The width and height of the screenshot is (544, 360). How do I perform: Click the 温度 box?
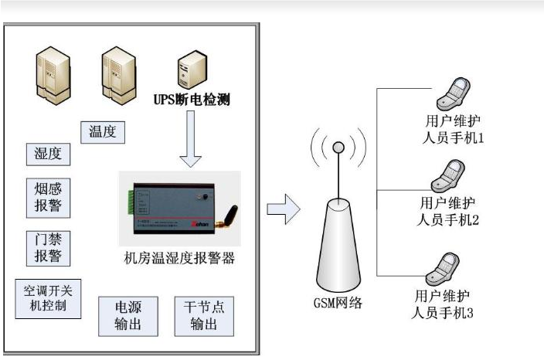point(103,132)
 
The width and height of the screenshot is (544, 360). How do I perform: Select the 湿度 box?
point(48,154)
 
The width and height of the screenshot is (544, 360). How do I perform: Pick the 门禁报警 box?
point(48,246)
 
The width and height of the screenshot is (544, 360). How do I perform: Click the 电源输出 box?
point(122,315)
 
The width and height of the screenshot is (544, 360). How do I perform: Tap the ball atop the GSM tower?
point(338,148)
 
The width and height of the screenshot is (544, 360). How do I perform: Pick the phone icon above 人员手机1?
point(450,97)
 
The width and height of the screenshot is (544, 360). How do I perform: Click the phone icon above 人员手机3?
point(449,269)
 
